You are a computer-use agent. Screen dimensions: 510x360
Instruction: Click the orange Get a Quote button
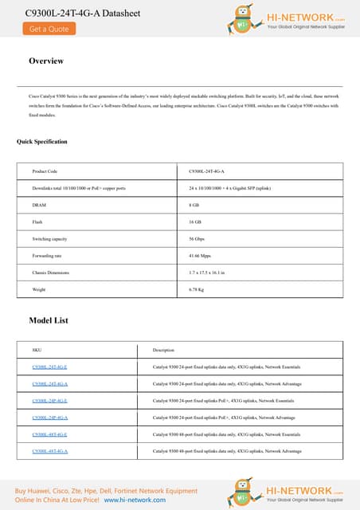click(49, 29)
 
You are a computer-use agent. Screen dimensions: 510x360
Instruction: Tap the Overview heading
click(46, 61)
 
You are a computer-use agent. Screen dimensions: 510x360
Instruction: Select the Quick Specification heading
click(42, 142)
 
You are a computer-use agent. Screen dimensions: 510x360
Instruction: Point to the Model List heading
click(49, 320)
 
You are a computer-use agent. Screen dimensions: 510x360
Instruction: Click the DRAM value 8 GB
click(194, 205)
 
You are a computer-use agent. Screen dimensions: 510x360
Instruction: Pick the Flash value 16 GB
click(195, 222)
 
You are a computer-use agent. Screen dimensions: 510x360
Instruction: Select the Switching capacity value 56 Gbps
click(198, 239)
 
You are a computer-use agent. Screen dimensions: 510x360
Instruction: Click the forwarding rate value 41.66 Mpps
click(201, 256)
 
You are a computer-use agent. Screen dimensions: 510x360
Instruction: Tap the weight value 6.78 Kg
click(197, 289)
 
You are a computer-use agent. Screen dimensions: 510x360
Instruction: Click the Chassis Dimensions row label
click(50, 273)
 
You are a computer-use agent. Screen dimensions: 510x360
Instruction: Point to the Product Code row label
click(45, 171)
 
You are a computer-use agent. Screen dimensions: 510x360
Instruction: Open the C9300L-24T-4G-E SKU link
click(49, 367)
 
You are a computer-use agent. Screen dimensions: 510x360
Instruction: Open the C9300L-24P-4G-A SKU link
click(49, 417)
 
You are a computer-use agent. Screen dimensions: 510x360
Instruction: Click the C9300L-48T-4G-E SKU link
click(49, 434)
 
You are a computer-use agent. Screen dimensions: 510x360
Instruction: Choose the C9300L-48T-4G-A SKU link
click(49, 451)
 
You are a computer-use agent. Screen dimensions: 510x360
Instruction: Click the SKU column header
click(37, 350)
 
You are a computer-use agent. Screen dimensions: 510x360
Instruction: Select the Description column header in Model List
click(163, 350)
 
